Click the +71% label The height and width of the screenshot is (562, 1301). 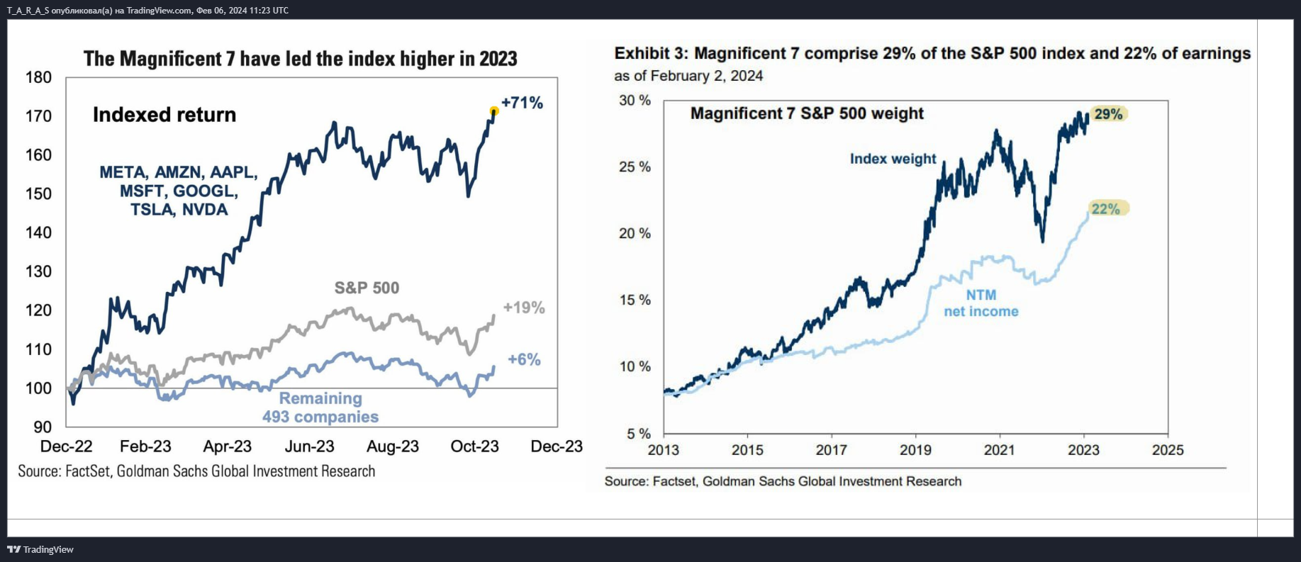click(522, 103)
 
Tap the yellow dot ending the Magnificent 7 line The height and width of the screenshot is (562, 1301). click(494, 111)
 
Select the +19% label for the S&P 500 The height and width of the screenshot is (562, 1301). click(524, 308)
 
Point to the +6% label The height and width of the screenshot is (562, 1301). click(524, 359)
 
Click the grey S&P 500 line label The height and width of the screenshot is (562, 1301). click(367, 288)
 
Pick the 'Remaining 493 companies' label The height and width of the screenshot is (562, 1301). click(320, 408)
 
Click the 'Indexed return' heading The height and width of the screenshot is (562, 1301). click(164, 115)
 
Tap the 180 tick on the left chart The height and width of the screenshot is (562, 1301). click(38, 77)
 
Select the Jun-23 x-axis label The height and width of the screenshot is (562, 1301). click(310, 446)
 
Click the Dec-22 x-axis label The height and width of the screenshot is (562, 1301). click(66, 446)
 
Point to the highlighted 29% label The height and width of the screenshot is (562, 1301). click(1108, 114)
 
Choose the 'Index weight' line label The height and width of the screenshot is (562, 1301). click(893, 159)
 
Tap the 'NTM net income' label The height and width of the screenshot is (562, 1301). click(981, 303)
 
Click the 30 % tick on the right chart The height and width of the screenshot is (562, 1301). click(635, 101)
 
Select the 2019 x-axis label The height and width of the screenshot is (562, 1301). click(915, 450)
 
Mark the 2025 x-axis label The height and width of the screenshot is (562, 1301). click(1168, 450)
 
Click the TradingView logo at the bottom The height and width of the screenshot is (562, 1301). click(40, 549)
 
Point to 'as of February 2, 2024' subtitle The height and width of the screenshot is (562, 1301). click(688, 76)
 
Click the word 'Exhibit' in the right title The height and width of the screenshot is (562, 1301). click(642, 53)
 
